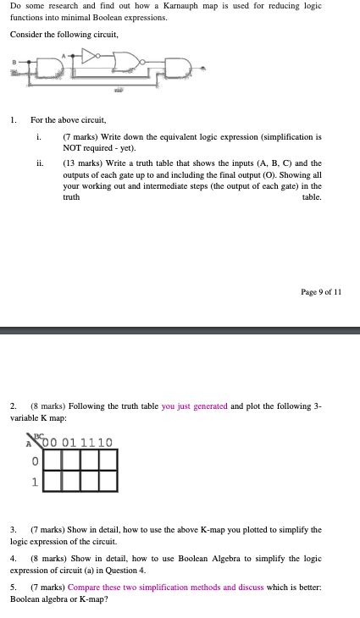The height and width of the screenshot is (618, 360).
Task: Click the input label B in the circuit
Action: pyautogui.click(x=14, y=61)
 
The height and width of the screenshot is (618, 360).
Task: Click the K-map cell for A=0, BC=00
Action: pyautogui.click(x=53, y=461)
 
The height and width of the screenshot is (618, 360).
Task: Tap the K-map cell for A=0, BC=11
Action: pyautogui.click(x=90, y=461)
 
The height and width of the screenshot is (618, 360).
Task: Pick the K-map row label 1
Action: pyautogui.click(x=35, y=483)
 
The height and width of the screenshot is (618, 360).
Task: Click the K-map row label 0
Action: pyautogui.click(x=35, y=462)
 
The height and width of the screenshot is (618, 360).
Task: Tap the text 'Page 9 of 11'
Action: pyautogui.click(x=321, y=292)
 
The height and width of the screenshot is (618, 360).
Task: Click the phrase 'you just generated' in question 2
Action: pyautogui.click(x=194, y=406)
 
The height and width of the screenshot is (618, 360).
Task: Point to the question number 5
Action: pyautogui.click(x=14, y=587)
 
